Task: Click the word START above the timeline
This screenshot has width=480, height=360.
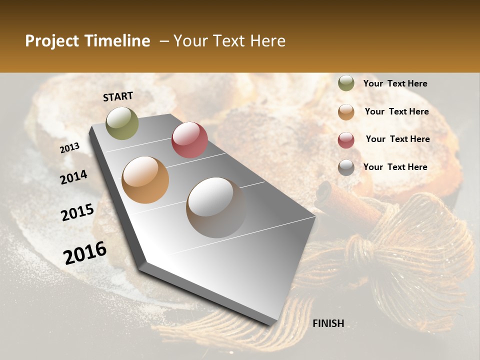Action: [x=118, y=96]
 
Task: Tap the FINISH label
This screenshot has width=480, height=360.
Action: [x=328, y=323]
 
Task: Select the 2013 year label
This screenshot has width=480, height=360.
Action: [x=69, y=147]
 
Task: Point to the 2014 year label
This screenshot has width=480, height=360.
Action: [x=73, y=177]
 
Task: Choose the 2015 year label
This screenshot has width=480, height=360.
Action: [x=77, y=212]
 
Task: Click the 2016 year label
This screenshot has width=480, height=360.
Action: [x=85, y=253]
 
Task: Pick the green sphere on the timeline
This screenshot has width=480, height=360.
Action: [x=122, y=123]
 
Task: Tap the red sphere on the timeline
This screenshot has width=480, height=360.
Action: [x=189, y=140]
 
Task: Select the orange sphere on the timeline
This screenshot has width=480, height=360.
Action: [x=145, y=179]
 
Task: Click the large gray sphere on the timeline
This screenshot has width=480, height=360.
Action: [x=216, y=207]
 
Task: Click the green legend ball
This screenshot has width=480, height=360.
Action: [x=346, y=83]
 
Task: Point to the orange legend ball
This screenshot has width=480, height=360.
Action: [x=346, y=112]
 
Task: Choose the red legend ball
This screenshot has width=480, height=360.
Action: [x=346, y=140]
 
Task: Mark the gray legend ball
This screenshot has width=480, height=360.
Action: [x=346, y=167]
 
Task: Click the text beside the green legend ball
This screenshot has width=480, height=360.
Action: [x=395, y=83]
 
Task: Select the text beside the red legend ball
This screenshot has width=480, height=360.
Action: [x=397, y=139]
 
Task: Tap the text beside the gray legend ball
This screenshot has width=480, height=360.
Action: [x=395, y=167]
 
